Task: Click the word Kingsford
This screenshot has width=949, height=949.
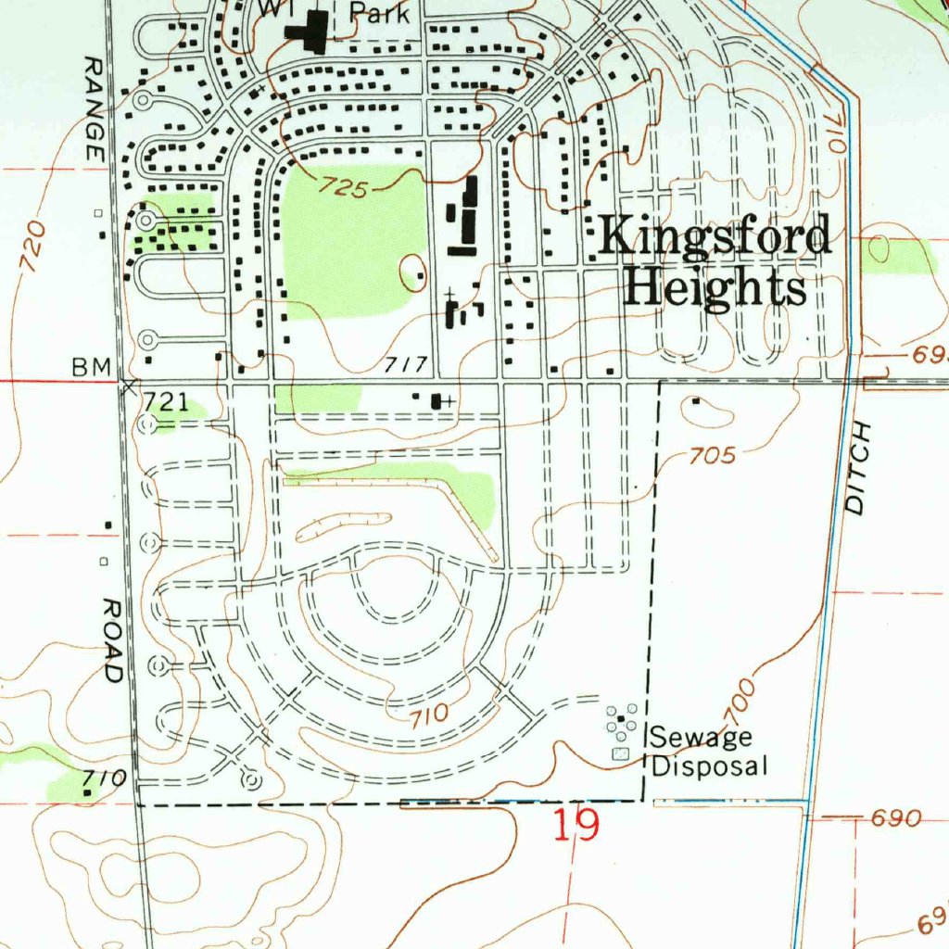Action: [x=714, y=237]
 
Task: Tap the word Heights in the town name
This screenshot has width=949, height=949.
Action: [x=715, y=289]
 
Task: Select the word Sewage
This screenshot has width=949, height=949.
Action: [x=701, y=739]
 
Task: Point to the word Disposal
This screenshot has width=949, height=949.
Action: [x=710, y=766]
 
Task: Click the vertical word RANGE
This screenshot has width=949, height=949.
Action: [x=94, y=109]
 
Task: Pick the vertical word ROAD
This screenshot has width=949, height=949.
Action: [x=112, y=640]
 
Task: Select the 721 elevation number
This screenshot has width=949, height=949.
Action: [x=167, y=401]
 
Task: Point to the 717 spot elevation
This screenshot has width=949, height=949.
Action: [x=404, y=364]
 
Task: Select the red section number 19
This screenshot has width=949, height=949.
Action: [x=576, y=824]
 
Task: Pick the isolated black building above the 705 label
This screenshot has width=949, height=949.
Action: [x=696, y=402]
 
